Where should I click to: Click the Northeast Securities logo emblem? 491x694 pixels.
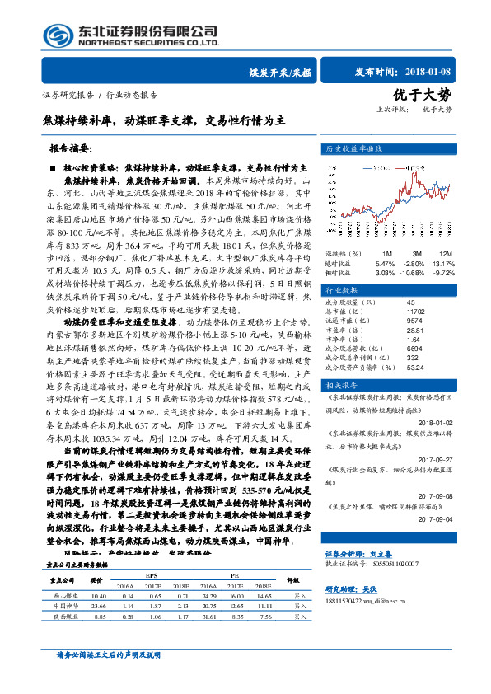pyautogui.click(x=55, y=35)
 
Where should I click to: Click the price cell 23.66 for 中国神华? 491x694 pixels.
pyautogui.click(x=98, y=604)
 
